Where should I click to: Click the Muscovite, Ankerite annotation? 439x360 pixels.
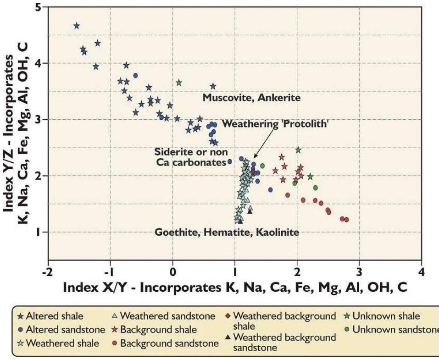tap(251, 98)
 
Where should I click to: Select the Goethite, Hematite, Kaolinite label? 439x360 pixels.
tap(227, 233)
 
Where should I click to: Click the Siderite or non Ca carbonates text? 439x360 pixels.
tap(190, 157)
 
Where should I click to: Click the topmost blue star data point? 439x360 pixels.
tap(77, 26)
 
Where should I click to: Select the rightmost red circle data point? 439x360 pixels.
tap(346, 220)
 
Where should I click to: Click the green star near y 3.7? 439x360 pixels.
tap(179, 83)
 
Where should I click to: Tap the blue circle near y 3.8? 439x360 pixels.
tap(135, 75)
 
